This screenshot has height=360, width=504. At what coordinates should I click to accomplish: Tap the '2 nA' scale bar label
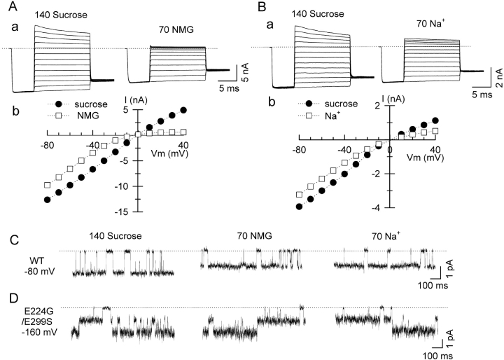coord(497,73)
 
